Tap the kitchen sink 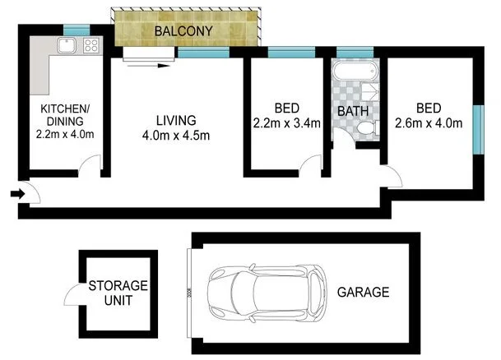[65, 45]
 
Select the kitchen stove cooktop [90, 46]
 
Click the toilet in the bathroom [366, 128]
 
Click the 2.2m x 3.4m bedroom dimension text [286, 123]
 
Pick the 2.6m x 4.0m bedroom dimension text [428, 124]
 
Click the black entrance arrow [16, 194]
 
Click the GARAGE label [362, 292]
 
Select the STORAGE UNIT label [118, 293]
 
